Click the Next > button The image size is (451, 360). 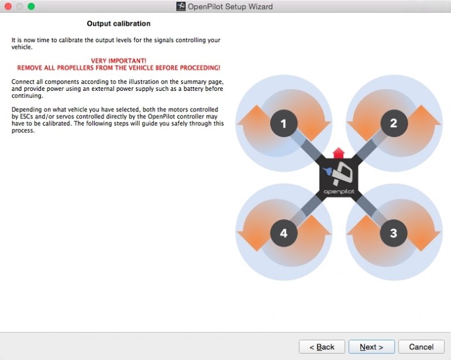pos(371,347)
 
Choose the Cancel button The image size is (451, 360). pos(421,347)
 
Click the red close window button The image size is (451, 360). pos(8,6)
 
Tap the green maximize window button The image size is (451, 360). pos(31,6)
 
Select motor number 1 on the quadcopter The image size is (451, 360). pos(283,123)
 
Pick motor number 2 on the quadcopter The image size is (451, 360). pos(394,123)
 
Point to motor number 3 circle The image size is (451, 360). pos(394,233)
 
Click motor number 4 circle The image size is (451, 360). pos(283,233)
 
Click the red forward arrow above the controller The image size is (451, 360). pos(339,153)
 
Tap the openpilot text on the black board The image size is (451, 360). pos(339,192)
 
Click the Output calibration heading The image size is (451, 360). pos(118,23)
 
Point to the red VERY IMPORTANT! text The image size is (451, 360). pos(118,61)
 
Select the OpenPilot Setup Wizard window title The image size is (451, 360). pos(230,6)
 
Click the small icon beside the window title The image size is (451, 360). pos(180,6)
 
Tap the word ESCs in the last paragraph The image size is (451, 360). pos(26,117)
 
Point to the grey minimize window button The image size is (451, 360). pos(19,6)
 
